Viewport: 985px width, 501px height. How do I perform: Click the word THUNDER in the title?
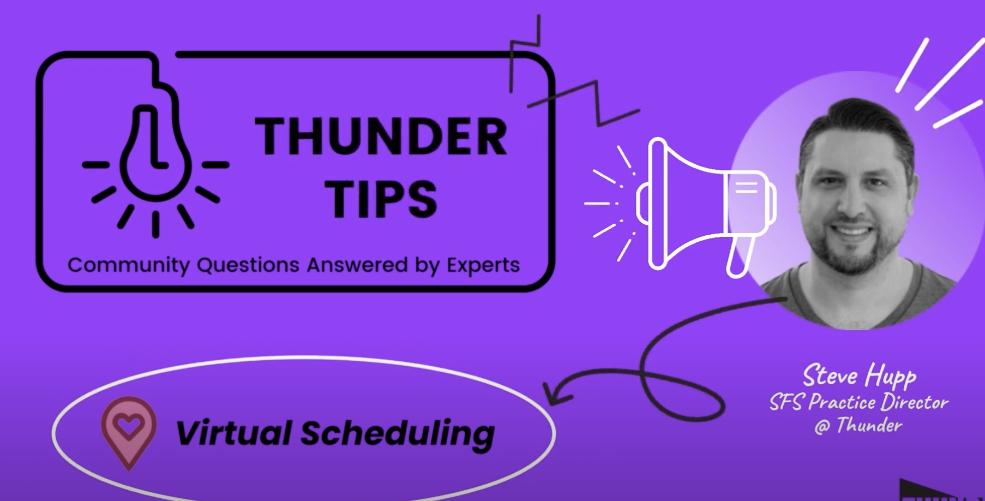(381, 136)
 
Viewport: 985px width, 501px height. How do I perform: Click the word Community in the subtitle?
(128, 265)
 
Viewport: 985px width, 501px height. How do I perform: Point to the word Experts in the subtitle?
(483, 266)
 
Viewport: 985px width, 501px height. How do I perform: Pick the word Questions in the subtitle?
(248, 265)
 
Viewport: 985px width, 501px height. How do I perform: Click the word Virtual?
(233, 433)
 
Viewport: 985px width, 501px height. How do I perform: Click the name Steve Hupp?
(859, 376)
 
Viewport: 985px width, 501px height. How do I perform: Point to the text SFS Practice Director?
(859, 402)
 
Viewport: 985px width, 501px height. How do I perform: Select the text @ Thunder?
(858, 425)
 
